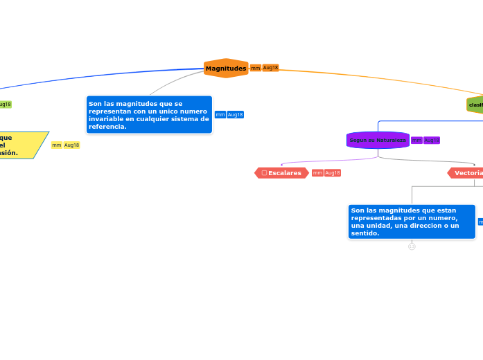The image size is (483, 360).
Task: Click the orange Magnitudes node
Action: pos(226,69)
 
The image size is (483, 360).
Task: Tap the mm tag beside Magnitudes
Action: pos(256,68)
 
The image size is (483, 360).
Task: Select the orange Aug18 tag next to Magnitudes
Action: pos(270,68)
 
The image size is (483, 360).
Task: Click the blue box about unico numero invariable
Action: pos(149,115)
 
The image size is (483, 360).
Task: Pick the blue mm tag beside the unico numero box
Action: pos(220,115)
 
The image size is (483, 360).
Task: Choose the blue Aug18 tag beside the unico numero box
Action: pos(236,115)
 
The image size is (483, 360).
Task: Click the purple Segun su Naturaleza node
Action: pos(378,140)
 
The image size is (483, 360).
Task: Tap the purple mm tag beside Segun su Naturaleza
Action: pos(416,141)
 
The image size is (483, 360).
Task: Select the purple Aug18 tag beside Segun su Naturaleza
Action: pos(432,141)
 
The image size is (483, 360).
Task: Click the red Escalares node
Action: pos(281,173)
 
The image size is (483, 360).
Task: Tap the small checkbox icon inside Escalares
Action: pos(264,173)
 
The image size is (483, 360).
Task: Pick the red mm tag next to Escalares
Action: pos(317,173)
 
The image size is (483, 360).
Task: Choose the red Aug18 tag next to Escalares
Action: pos(333,173)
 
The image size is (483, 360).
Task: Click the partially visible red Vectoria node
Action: pos(466,173)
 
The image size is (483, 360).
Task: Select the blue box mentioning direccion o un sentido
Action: pos(412,222)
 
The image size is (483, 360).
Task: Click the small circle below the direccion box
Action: pos(412,246)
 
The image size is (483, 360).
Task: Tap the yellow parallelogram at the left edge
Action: pos(21,145)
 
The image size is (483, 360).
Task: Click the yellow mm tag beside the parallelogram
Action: pos(57,145)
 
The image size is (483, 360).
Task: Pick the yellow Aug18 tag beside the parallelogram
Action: pos(72,145)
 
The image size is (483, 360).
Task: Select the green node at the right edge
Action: pos(475,105)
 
